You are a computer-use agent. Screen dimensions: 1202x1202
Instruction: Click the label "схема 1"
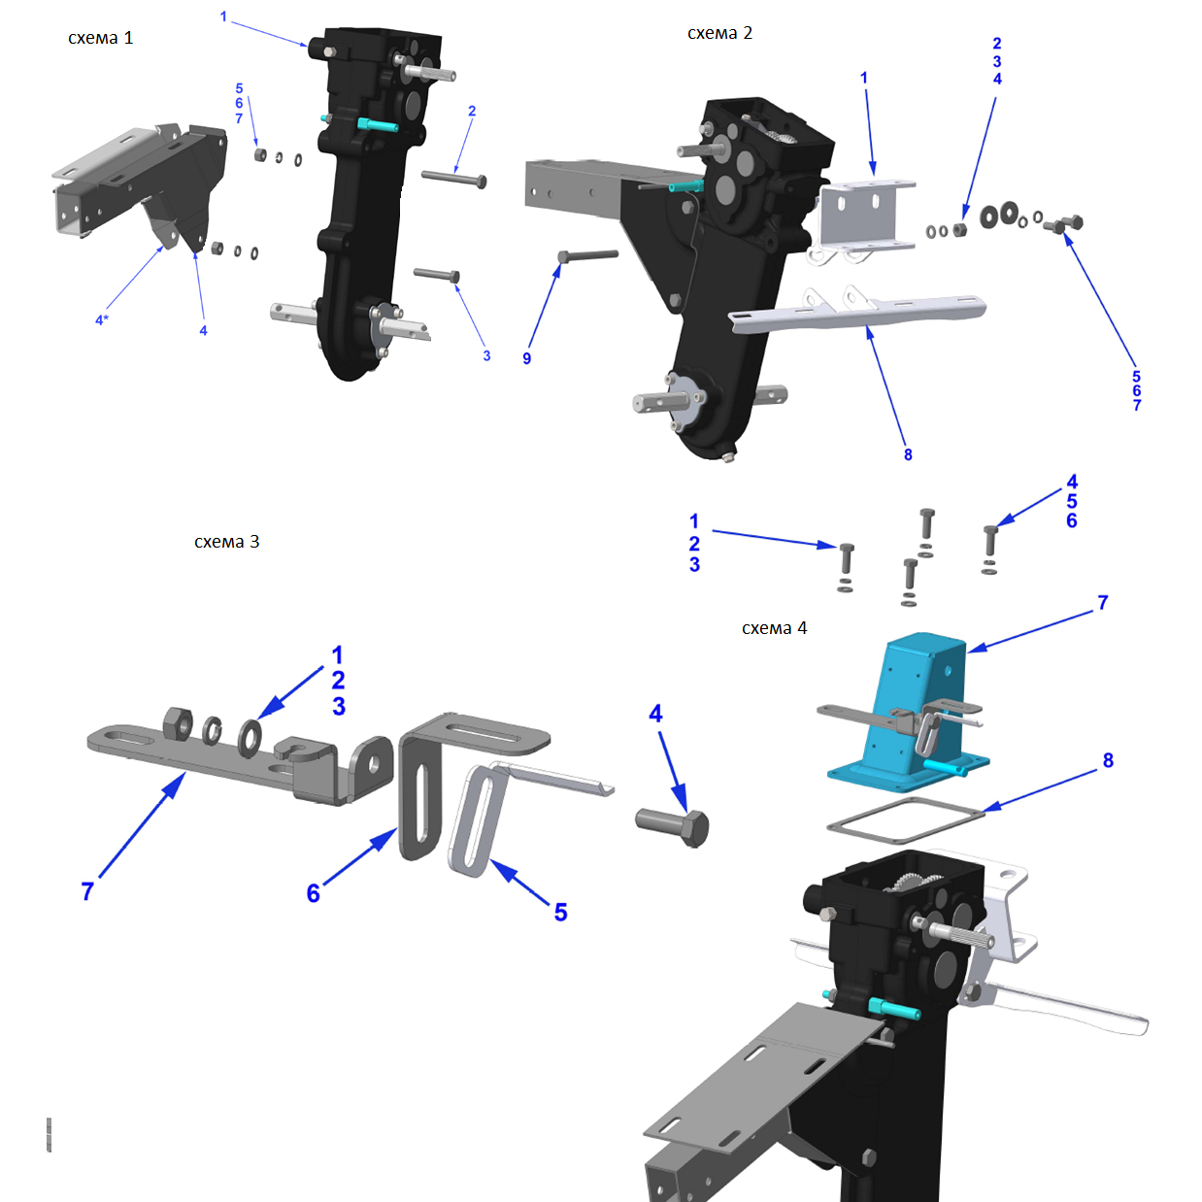pyautogui.click(x=100, y=38)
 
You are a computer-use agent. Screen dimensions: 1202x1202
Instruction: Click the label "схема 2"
pyautogui.click(x=719, y=33)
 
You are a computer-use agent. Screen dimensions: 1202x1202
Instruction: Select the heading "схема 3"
pyautogui.click(x=226, y=542)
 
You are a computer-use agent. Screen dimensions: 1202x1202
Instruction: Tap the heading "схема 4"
pyautogui.click(x=774, y=628)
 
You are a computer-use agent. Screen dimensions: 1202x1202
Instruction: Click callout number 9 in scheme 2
pyautogui.click(x=527, y=358)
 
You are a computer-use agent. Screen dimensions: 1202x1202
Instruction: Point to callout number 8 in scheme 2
pyautogui.click(x=908, y=454)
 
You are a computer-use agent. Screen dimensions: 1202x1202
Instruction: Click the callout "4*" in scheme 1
pyautogui.click(x=102, y=320)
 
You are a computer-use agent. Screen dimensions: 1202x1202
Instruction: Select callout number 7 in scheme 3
pyautogui.click(x=87, y=891)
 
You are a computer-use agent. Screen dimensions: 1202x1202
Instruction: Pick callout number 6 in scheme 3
pyautogui.click(x=314, y=893)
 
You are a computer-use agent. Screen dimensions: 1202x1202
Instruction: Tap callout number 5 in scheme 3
pyautogui.click(x=561, y=912)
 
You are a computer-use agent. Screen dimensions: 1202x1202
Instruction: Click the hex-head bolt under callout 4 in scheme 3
pyautogui.click(x=672, y=827)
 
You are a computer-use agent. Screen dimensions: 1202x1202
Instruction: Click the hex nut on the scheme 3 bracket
pyautogui.click(x=178, y=723)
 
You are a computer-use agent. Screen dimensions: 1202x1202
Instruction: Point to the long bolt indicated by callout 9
pyautogui.click(x=587, y=255)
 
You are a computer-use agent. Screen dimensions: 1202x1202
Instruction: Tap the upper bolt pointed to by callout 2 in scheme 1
pyautogui.click(x=454, y=179)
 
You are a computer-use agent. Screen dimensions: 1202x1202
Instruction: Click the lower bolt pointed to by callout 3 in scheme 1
pyautogui.click(x=437, y=275)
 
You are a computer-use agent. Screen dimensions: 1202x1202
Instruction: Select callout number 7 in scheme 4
pyautogui.click(x=1103, y=603)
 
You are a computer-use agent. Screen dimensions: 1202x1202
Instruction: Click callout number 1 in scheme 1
pyautogui.click(x=223, y=17)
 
